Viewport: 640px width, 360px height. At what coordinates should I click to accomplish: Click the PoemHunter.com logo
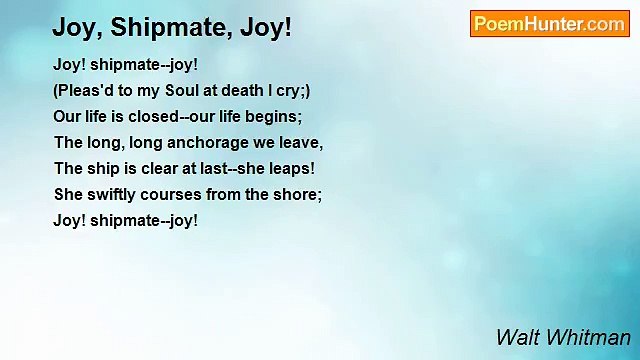point(549,24)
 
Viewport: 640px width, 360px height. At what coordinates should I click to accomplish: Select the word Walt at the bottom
point(517,337)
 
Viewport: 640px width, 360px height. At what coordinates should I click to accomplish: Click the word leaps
point(290,168)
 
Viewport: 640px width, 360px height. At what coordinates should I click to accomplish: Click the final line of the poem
point(125,220)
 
